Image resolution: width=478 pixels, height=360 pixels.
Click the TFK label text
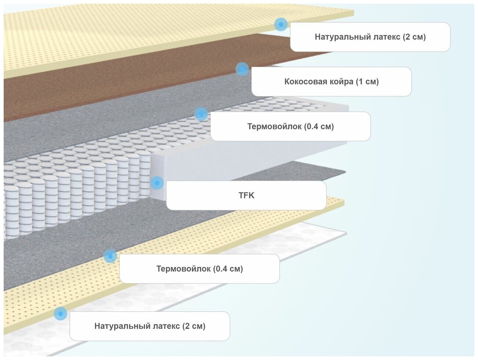246,196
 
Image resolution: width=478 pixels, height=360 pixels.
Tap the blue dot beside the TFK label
157,182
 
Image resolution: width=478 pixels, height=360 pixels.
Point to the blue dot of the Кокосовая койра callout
242,69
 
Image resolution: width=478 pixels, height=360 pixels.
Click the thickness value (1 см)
367,82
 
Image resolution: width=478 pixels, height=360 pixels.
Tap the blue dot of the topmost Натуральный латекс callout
281,24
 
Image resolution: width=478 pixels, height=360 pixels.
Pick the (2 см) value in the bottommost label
194,326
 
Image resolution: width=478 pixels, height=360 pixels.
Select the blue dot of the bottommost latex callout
60,313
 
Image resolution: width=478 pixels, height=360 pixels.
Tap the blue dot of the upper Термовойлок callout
201,114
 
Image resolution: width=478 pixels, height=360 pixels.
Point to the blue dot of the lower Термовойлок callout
110,256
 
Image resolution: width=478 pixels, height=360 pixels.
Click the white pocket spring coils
73,198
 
